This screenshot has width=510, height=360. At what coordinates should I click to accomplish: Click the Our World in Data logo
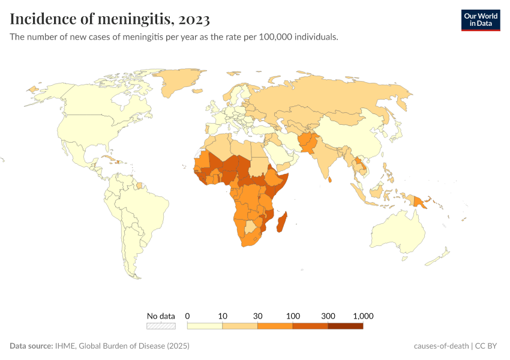[480, 20]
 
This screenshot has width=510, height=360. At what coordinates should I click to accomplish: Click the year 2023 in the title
[193, 20]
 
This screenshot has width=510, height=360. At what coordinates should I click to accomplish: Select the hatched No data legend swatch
[161, 326]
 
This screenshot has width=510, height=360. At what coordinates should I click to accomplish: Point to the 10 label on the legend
[223, 316]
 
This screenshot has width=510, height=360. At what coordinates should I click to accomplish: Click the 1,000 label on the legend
[363, 316]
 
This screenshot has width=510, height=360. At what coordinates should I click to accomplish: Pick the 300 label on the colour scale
[328, 316]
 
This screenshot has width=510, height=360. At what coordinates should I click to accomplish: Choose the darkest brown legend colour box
[346, 326]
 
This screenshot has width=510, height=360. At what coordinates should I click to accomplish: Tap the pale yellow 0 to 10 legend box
[205, 326]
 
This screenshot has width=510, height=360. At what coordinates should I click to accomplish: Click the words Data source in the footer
[31, 346]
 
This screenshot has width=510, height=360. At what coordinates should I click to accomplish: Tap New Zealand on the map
[441, 256]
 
